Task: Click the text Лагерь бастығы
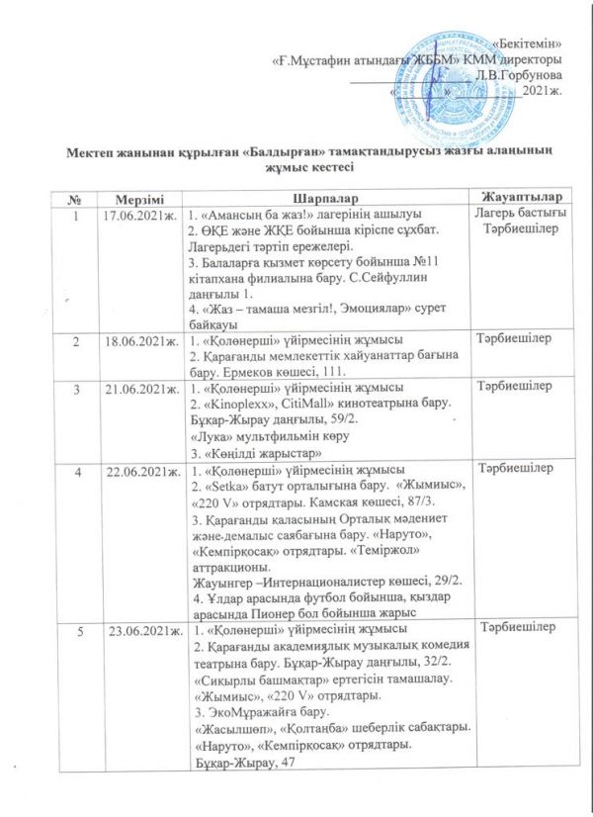click(x=514, y=217)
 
